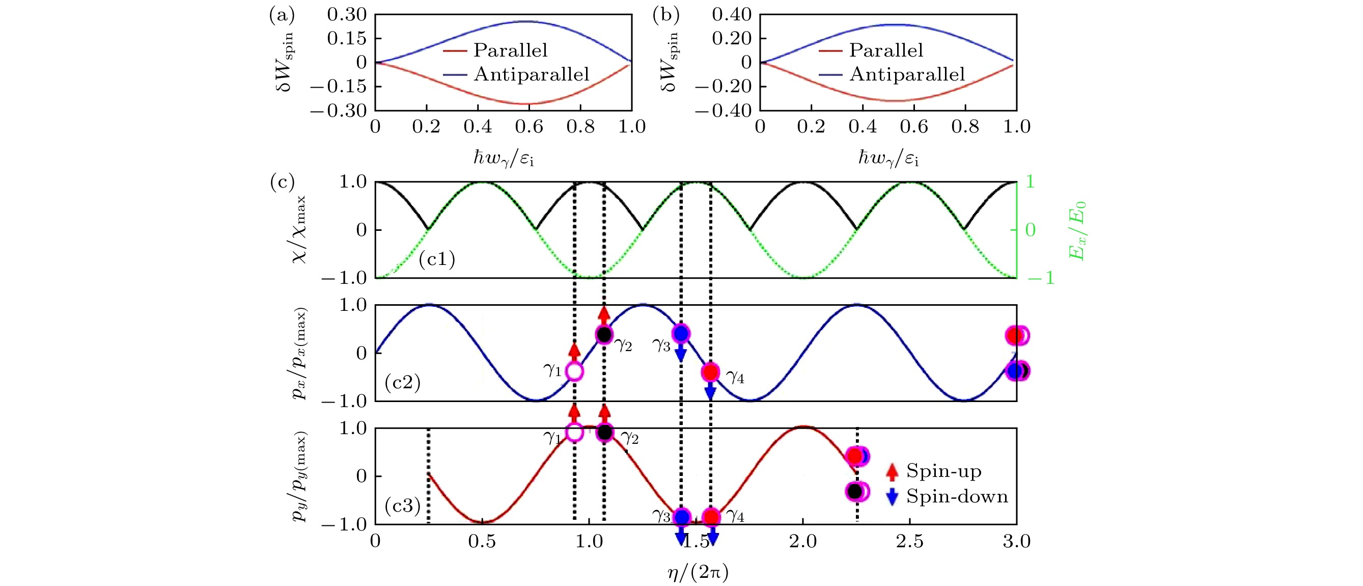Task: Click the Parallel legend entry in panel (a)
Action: [x=510, y=50]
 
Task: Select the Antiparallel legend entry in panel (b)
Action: [x=907, y=74]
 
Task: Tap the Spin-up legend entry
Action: [x=943, y=471]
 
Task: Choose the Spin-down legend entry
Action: [x=957, y=496]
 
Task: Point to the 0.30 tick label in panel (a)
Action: [x=347, y=14]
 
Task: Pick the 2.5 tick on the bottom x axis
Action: [x=909, y=542]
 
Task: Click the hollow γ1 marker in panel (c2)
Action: [x=575, y=371]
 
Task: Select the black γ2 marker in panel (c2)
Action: [x=604, y=335]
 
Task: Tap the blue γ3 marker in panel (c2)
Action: [x=681, y=333]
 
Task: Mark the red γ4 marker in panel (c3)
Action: [x=711, y=517]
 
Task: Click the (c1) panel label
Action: [x=436, y=259]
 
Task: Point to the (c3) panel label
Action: [x=403, y=506]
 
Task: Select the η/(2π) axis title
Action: [x=698, y=572]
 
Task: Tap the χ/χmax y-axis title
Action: [x=299, y=230]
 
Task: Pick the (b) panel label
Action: [x=665, y=15]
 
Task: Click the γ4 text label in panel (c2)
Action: [x=735, y=377]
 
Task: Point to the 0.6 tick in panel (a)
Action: [x=529, y=126]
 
